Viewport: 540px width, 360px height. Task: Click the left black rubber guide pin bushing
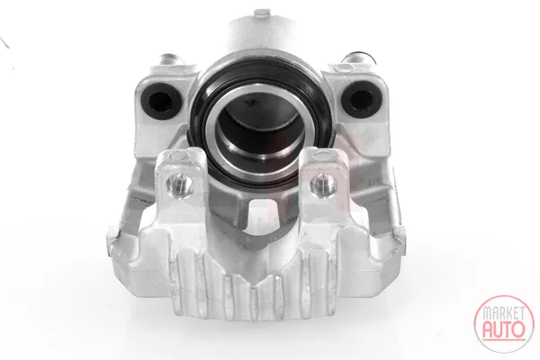161,101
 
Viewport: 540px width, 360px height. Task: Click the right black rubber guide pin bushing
361,98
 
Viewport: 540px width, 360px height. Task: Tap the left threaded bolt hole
179,184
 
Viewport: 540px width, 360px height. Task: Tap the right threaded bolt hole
324,184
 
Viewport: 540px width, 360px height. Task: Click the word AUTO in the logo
504,329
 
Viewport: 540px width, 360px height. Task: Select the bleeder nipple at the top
263,14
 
